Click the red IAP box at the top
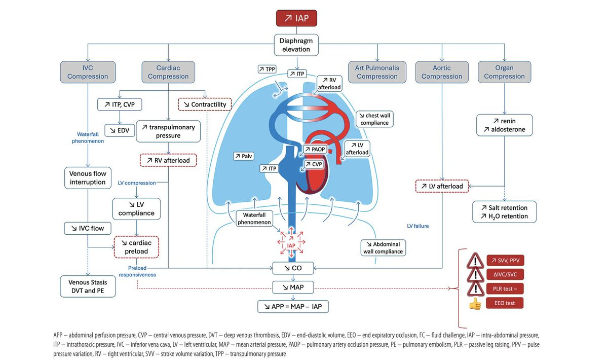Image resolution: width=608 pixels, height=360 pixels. pyautogui.click(x=296, y=18)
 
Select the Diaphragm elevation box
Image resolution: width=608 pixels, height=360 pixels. pyautogui.click(x=296, y=45)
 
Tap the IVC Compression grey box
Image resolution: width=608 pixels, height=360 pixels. pyautogui.click(x=88, y=72)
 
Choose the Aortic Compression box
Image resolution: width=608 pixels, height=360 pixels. pyautogui.click(x=442, y=72)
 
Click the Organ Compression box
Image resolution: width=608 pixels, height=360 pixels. pyautogui.click(x=504, y=72)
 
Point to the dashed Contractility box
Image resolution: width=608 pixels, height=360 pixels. pyautogui.click(x=205, y=104)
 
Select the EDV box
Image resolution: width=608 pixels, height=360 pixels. pyautogui.click(x=120, y=130)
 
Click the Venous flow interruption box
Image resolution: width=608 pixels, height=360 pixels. pyautogui.click(x=88, y=178)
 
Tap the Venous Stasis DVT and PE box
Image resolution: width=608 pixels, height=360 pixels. pyautogui.click(x=88, y=286)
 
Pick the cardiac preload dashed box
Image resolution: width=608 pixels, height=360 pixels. pyautogui.click(x=136, y=247)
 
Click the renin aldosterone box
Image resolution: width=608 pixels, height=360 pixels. pyautogui.click(x=504, y=125)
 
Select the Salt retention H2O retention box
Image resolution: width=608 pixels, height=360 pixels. pyautogui.click(x=504, y=212)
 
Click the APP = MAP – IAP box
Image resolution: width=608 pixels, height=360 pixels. pyautogui.click(x=293, y=306)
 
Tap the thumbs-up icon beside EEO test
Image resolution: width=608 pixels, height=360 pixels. pyautogui.click(x=475, y=304)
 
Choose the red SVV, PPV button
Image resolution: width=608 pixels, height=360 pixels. pyautogui.click(x=505, y=260)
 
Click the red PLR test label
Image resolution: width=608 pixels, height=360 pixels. pyautogui.click(x=505, y=289)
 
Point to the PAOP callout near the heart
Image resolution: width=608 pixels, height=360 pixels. pyautogui.click(x=315, y=149)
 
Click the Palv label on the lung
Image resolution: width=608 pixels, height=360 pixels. pyautogui.click(x=244, y=156)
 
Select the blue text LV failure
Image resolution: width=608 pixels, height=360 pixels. pyautogui.click(x=417, y=226)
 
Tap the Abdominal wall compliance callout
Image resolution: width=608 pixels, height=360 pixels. pyautogui.click(x=383, y=248)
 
